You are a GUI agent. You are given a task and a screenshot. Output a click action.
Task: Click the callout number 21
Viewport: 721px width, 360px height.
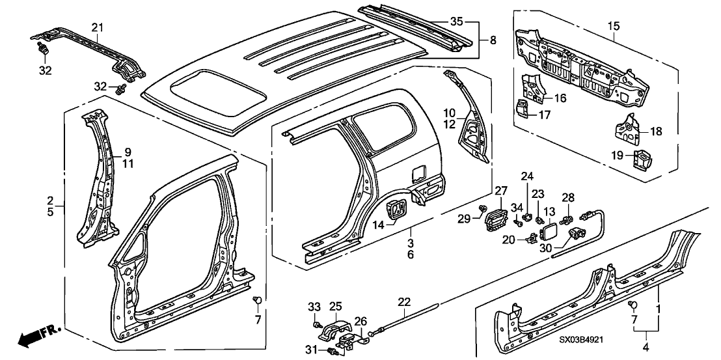point(98,27)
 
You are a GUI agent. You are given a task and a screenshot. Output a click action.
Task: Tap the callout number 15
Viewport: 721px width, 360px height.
point(613,27)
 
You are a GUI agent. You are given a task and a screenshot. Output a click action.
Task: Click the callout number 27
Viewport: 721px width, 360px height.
point(500,190)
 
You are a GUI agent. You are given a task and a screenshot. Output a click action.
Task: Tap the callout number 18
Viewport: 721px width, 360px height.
point(655,131)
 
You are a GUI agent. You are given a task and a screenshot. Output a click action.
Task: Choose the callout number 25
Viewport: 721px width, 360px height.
point(336,306)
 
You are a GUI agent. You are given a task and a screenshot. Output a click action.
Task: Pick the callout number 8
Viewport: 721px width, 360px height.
point(493,40)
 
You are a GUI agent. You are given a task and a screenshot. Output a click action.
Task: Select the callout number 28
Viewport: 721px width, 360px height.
point(569,198)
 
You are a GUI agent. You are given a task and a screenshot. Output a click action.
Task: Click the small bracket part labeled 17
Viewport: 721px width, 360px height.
point(523,107)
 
